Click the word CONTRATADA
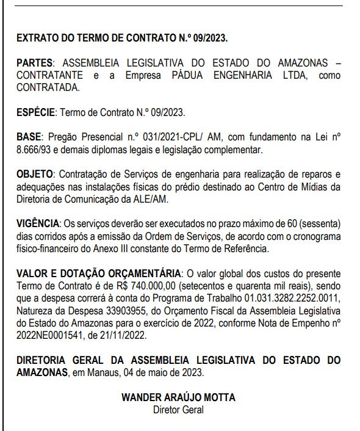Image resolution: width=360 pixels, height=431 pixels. point(49,87)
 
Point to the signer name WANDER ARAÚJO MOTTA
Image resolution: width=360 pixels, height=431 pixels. point(178,397)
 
